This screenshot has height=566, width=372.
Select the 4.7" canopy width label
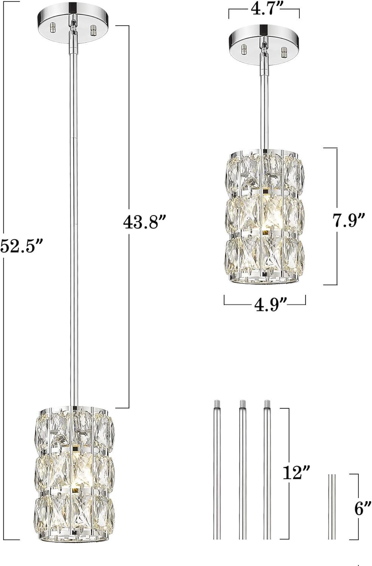click(264, 9)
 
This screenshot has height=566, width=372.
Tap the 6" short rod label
click(363, 514)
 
